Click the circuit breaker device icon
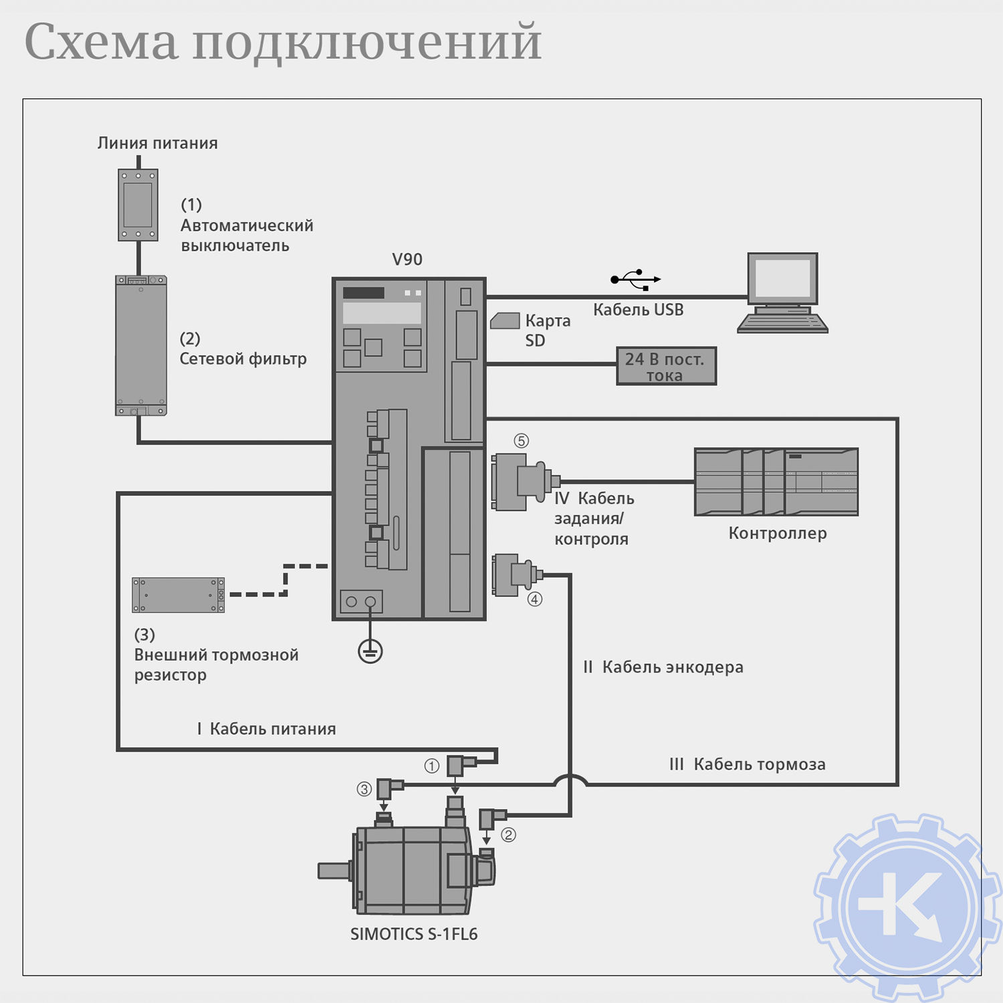pos(138,205)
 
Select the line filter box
pos(140,346)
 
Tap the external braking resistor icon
pos(178,595)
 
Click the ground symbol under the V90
pos(370,650)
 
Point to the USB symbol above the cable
pos(635,279)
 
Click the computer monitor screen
pos(782,277)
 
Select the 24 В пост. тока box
pos(666,366)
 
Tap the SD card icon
pos(505,321)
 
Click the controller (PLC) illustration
pos(776,482)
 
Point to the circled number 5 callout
pos(521,441)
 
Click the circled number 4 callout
pos(535,599)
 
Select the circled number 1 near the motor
pos(432,766)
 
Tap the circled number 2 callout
pos(509,834)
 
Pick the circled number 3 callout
pos(364,789)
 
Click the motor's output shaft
pos(334,871)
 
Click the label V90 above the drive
pos(407,259)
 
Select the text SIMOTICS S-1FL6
pos(414,934)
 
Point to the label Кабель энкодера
pos(672,667)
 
